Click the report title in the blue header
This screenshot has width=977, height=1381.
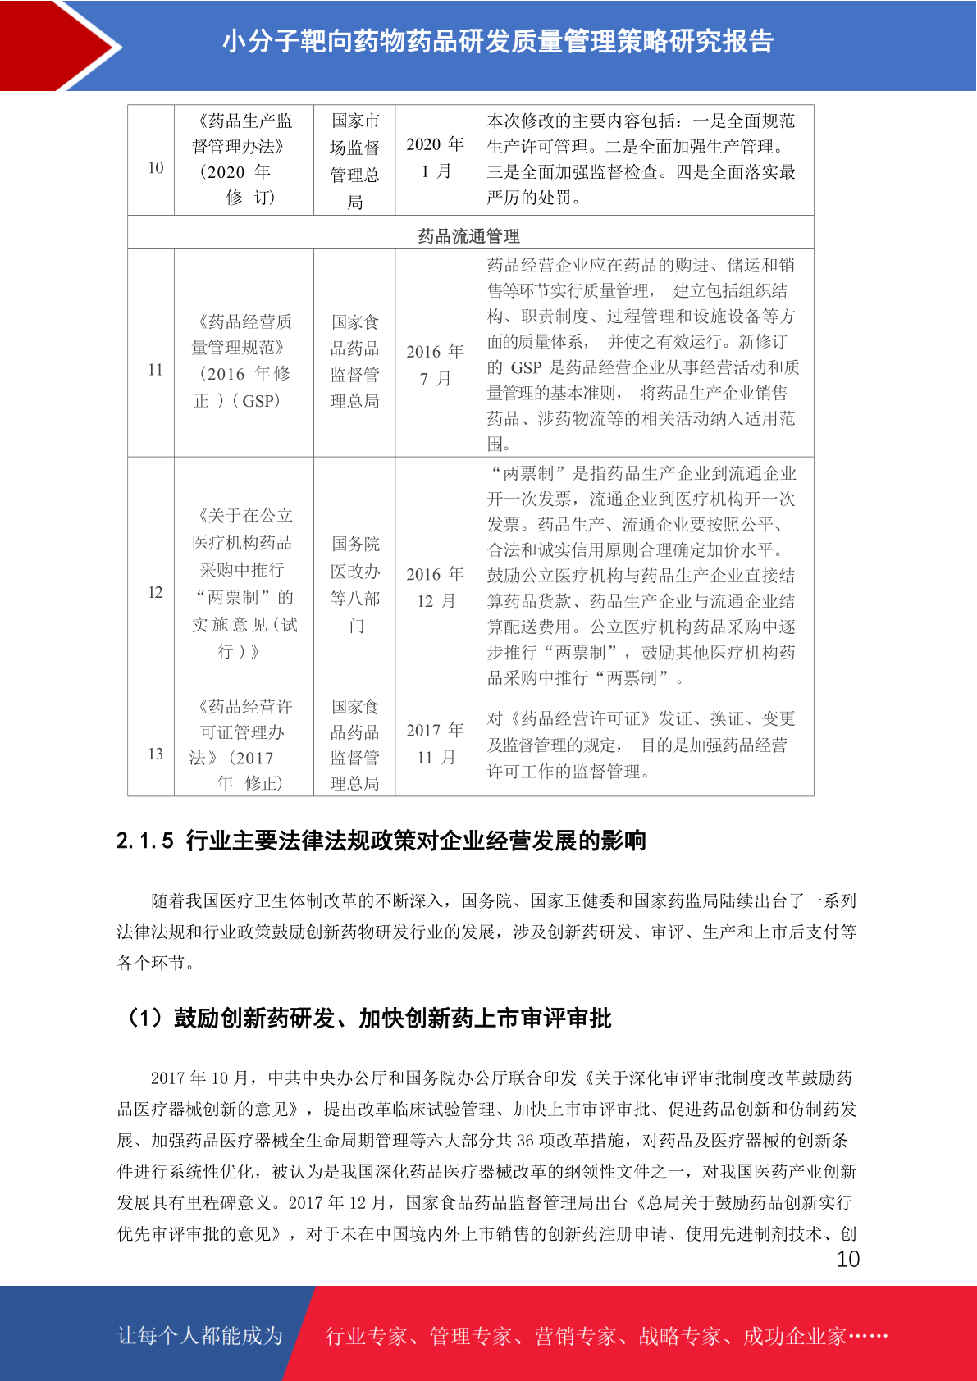point(497,41)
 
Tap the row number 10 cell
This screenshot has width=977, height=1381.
point(155,168)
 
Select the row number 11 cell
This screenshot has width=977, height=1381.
point(155,370)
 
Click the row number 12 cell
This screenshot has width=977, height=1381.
point(155,592)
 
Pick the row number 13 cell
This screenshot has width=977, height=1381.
point(155,754)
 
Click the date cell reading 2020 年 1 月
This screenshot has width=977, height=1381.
point(436,157)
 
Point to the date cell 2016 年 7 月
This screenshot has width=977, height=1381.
point(436,365)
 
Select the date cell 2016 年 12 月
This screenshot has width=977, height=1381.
point(436,587)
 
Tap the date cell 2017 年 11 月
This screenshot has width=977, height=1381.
point(436,744)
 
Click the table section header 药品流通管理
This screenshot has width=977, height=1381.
point(468,236)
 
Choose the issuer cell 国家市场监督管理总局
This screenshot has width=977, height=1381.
point(354,161)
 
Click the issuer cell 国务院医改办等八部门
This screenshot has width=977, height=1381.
point(354,585)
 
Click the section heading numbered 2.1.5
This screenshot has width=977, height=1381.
point(381,841)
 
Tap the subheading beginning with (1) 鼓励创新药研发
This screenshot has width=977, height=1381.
point(367,1019)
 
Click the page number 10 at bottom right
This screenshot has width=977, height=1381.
point(847,1260)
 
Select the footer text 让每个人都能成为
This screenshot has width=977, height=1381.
point(200,1336)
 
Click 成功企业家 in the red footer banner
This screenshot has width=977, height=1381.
point(794,1337)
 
